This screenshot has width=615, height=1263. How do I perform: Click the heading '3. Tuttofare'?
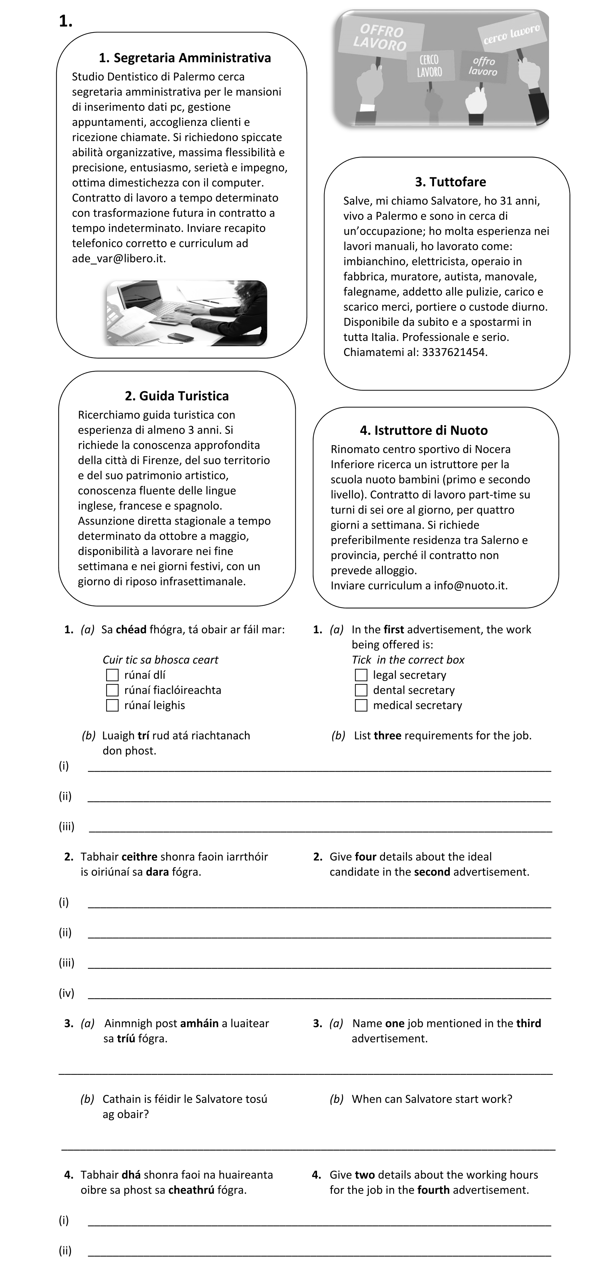coord(450,182)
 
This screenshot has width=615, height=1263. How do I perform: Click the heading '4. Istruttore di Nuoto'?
coord(424,430)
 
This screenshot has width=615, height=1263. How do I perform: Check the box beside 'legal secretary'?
coord(361,675)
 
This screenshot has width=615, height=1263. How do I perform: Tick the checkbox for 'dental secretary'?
coord(361,690)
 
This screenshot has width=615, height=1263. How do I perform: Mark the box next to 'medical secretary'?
coord(361,706)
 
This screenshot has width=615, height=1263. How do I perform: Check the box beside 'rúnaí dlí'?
coord(112,675)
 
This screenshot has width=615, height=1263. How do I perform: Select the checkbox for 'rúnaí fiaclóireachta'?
coord(112,690)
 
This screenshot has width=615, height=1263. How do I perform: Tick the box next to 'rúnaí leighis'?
coord(112,706)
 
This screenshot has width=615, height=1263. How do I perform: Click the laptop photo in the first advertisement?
coord(186,313)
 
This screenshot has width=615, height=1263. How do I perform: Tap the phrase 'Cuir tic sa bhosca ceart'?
coord(160,660)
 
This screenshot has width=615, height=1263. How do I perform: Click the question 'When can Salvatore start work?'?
coord(432,1099)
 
